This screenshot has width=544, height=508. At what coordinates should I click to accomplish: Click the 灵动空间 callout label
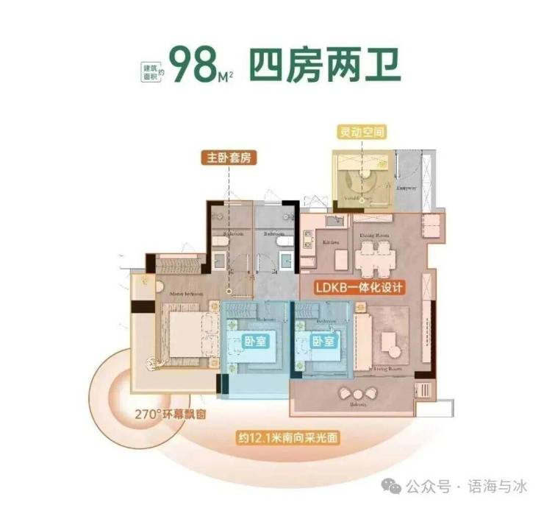[361, 133]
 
